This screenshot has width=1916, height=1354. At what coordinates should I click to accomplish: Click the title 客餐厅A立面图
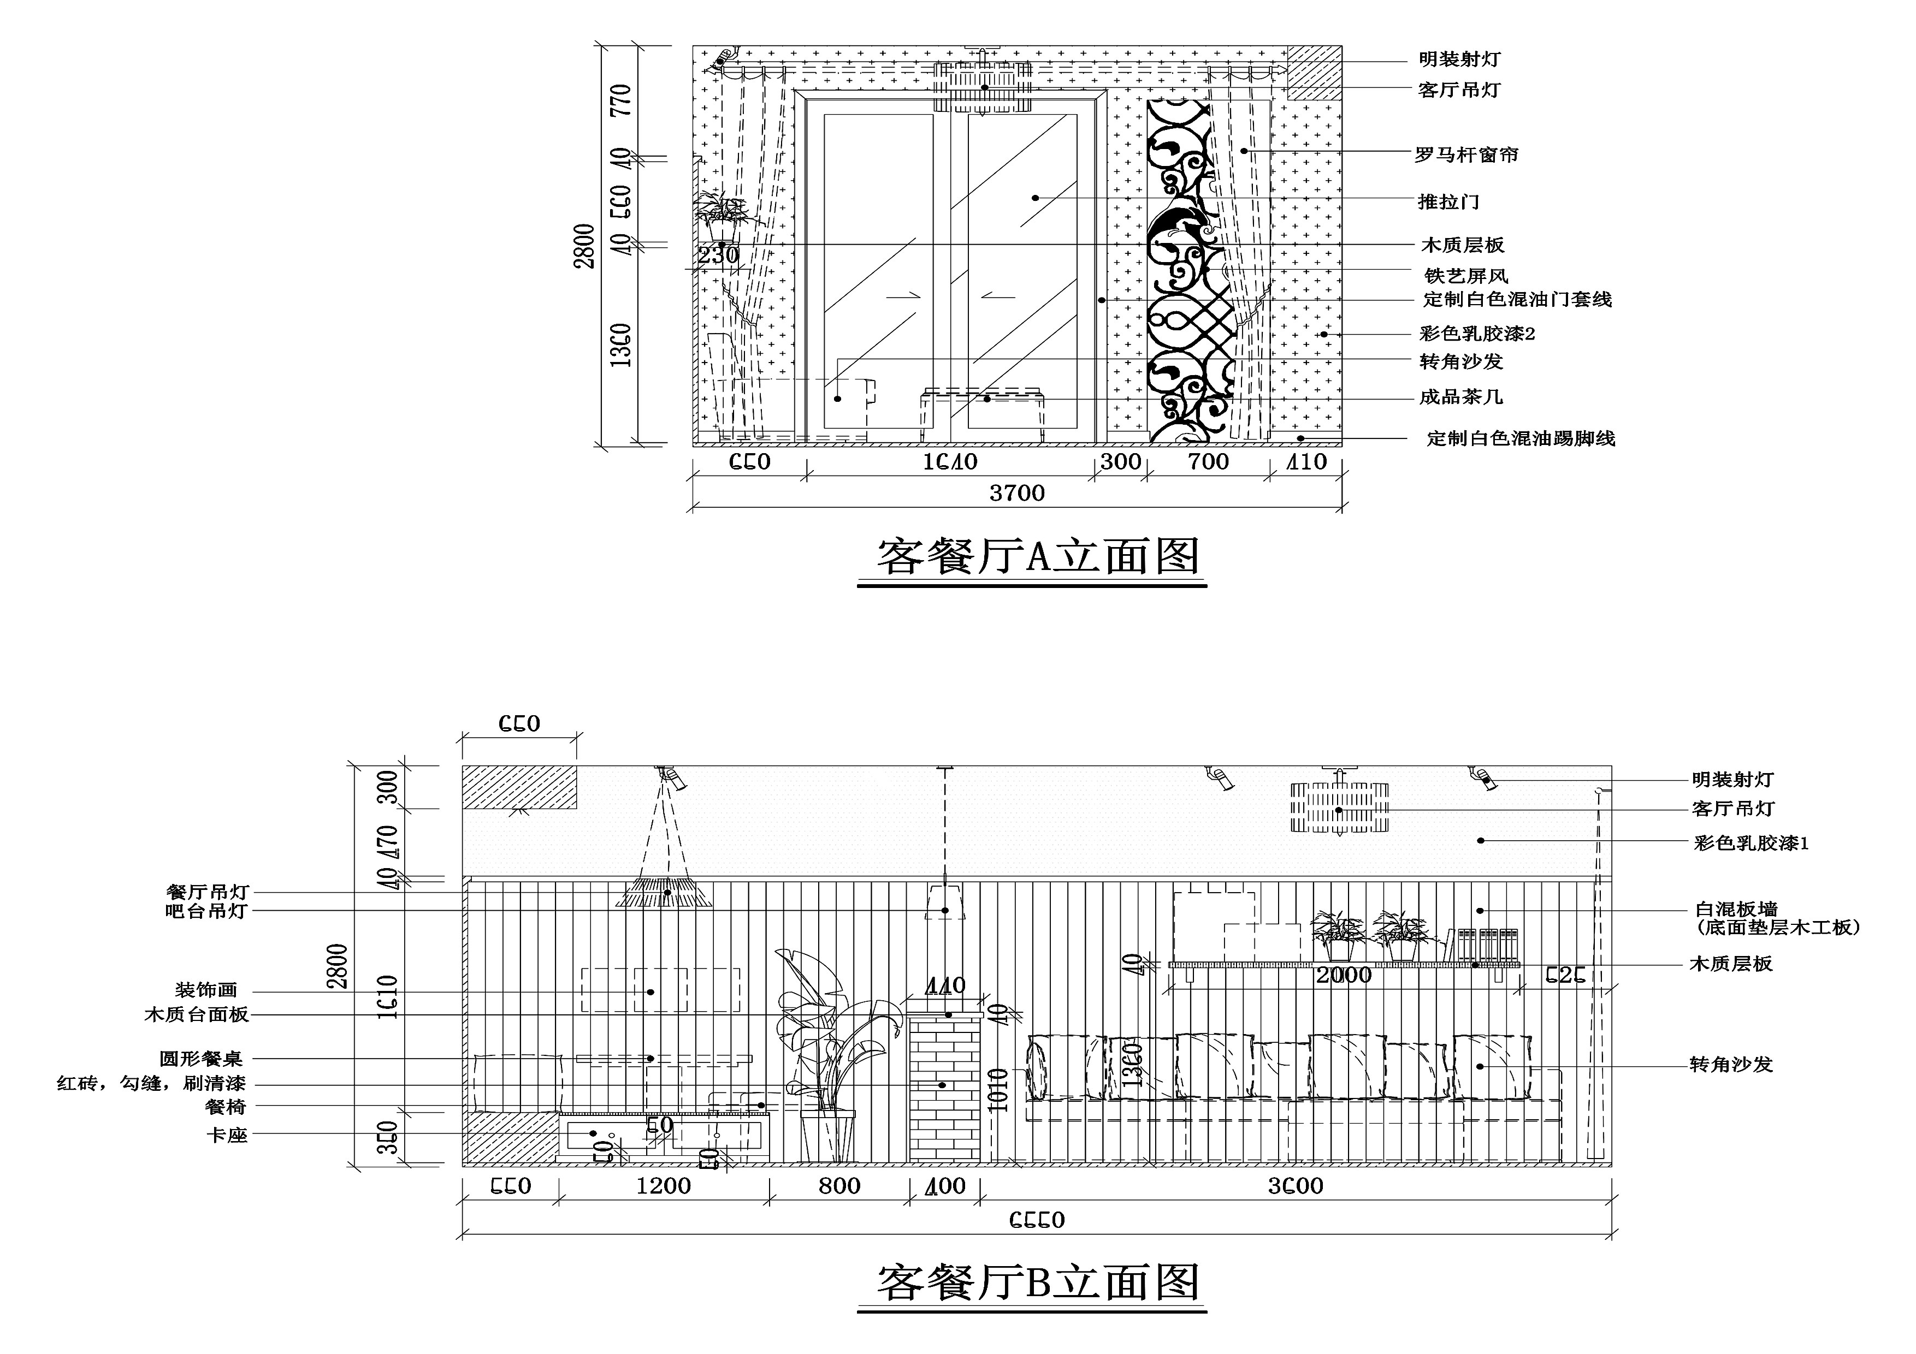pyautogui.click(x=1037, y=556)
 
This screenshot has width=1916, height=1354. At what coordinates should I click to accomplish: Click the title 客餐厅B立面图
pyautogui.click(x=1037, y=1282)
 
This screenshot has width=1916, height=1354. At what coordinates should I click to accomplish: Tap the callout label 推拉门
pyautogui.click(x=1448, y=202)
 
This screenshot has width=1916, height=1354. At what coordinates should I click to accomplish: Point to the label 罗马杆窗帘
pyautogui.click(x=1466, y=155)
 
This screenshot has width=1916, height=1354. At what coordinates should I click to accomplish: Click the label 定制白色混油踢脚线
pyautogui.click(x=1521, y=439)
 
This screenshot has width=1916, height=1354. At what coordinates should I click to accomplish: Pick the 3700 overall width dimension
pyautogui.click(x=1016, y=493)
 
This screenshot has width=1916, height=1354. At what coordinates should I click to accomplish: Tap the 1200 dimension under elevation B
pyautogui.click(x=664, y=1185)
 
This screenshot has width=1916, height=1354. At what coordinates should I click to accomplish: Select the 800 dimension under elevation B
pyautogui.click(x=839, y=1185)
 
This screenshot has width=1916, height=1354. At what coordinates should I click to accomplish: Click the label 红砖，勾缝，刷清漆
pyautogui.click(x=151, y=1084)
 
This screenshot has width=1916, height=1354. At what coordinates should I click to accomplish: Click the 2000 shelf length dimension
pyautogui.click(x=1344, y=975)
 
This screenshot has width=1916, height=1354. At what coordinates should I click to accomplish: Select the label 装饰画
pyautogui.click(x=206, y=990)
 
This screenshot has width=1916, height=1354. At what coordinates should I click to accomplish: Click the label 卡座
pyautogui.click(x=227, y=1136)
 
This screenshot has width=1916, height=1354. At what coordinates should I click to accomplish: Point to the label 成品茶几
pyautogui.click(x=1460, y=397)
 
